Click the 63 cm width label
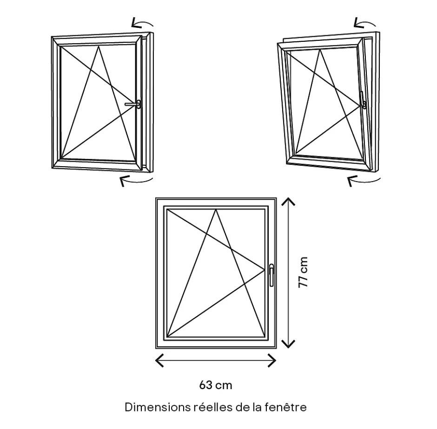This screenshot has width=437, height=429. [215, 385]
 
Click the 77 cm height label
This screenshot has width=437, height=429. [303, 272]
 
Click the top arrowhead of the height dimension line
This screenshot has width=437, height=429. [289, 201]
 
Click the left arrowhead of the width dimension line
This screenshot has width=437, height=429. [158, 360]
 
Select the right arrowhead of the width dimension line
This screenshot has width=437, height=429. [273, 360]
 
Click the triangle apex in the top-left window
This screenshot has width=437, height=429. [99, 46]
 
